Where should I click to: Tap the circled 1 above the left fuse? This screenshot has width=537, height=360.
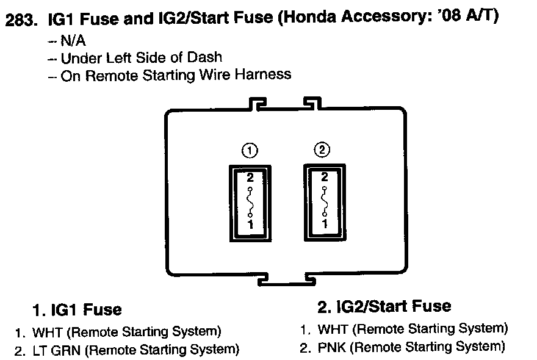tap(248, 150)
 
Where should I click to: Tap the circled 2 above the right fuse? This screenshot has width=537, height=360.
tap(323, 149)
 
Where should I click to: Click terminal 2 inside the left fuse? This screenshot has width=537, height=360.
tap(249, 178)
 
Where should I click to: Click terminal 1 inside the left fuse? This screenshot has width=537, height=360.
tap(249, 225)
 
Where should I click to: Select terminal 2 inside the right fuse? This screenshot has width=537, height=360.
tap(324, 178)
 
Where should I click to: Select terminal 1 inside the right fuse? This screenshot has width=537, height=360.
tap(324, 224)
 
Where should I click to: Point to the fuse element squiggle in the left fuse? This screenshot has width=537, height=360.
tap(249, 201)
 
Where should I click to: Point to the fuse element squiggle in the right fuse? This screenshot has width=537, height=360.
tap(324, 201)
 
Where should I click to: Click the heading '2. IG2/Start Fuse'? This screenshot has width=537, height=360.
tap(384, 306)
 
